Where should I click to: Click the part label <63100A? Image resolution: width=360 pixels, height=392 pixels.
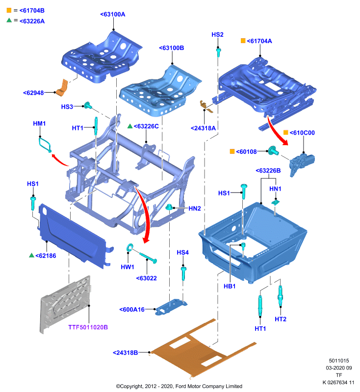tap(113, 14)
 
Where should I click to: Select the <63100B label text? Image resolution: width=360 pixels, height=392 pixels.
tap(172, 48)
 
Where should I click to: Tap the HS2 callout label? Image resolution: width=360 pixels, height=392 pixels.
tap(217, 34)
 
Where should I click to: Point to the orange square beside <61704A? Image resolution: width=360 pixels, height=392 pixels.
tap(243, 41)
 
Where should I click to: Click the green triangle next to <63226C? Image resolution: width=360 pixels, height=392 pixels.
tap(130, 126)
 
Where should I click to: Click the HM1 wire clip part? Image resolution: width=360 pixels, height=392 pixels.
tap(45, 145)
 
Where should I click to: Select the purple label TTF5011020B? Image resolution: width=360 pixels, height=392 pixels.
tap(88, 327)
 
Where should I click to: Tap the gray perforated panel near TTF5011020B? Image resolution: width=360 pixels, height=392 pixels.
tap(65, 303)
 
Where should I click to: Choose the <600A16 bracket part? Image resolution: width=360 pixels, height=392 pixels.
tap(171, 307)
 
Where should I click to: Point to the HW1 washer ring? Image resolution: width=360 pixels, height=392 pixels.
tap(130, 247)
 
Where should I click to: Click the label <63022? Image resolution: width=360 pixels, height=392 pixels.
tap(146, 278)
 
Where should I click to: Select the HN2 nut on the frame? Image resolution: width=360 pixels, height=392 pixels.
tap(169, 207)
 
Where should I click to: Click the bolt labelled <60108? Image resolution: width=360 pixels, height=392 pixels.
tap(273, 151)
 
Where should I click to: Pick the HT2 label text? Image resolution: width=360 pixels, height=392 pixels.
tap(281, 319)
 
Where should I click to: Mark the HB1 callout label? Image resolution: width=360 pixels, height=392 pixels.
tap(230, 286)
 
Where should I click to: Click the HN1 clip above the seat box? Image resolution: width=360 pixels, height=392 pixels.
tap(276, 202)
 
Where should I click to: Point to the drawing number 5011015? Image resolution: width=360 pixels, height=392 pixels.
tap(339, 361)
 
